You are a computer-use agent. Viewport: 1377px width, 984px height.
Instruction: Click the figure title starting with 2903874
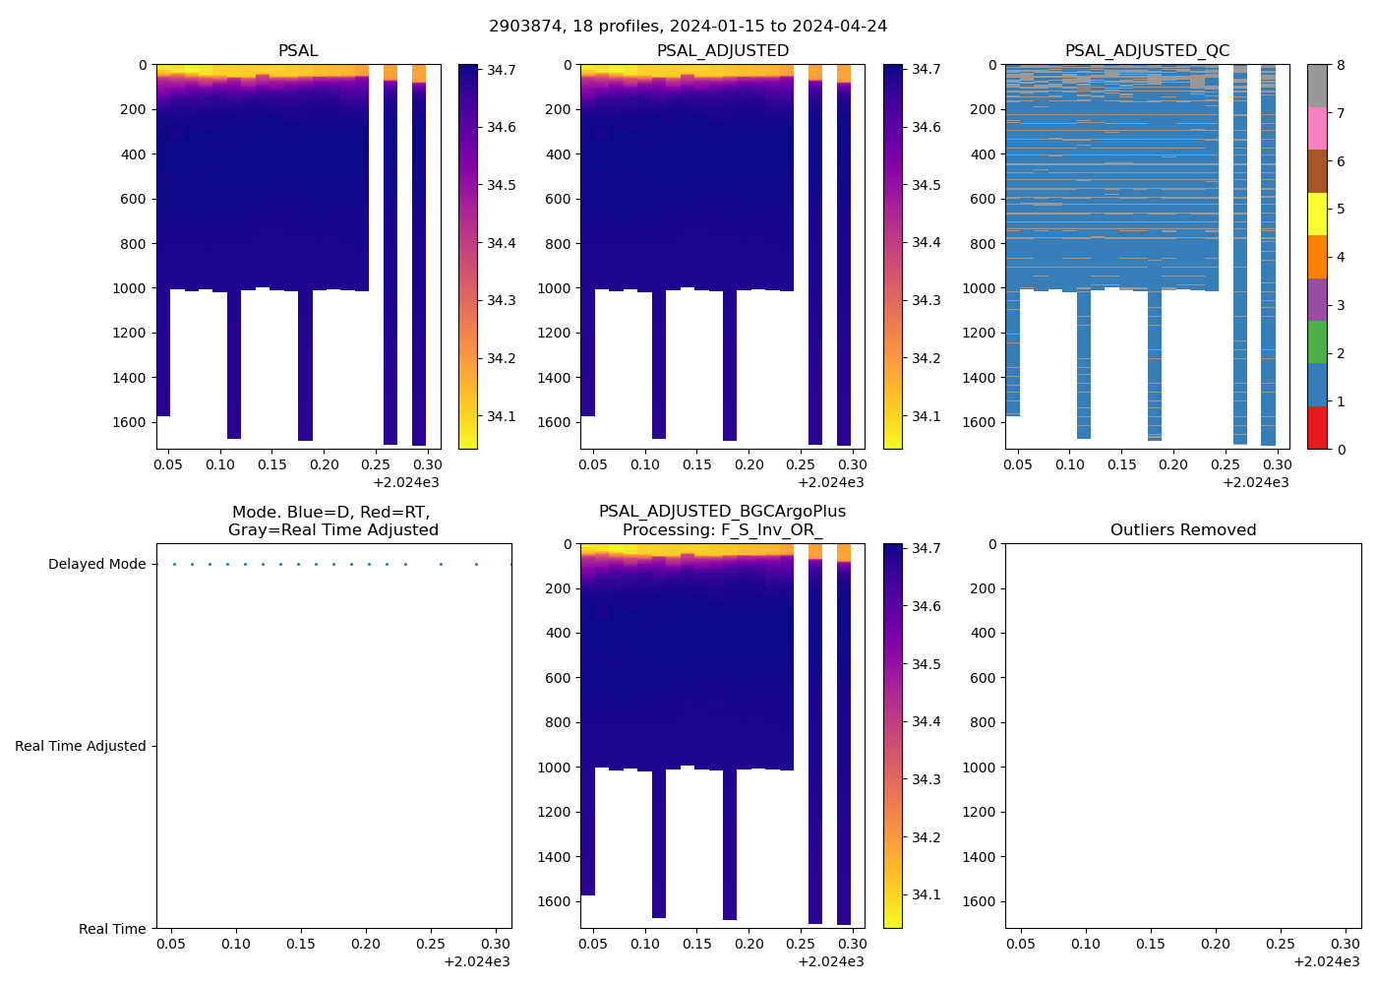click(x=688, y=26)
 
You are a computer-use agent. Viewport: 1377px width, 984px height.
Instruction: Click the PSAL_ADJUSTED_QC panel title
click(x=1147, y=50)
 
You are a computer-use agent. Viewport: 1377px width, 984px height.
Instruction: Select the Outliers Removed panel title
click(x=1182, y=529)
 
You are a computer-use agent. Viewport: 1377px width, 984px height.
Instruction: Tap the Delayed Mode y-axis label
click(x=96, y=564)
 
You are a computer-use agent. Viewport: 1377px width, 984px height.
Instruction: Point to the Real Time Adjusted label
click(x=80, y=746)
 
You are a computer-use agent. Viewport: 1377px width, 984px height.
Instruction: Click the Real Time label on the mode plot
click(x=112, y=929)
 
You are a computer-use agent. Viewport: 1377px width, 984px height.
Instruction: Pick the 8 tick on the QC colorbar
click(x=1341, y=65)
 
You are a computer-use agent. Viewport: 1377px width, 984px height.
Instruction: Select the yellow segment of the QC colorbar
click(x=1317, y=214)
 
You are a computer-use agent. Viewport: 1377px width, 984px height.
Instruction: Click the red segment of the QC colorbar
click(x=1317, y=428)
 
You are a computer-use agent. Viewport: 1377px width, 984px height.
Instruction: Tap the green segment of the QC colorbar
click(x=1317, y=342)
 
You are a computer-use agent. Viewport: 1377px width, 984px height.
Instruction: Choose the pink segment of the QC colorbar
click(x=1317, y=128)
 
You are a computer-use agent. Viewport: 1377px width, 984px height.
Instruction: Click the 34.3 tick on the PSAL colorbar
click(x=502, y=300)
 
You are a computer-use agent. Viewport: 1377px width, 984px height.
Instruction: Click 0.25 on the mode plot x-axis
click(x=431, y=944)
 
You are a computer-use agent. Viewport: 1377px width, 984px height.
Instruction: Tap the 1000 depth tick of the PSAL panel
click(x=131, y=288)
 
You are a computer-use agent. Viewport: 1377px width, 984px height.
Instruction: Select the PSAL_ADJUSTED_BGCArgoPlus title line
click(x=722, y=512)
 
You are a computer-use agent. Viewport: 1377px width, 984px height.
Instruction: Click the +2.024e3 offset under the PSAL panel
click(x=405, y=482)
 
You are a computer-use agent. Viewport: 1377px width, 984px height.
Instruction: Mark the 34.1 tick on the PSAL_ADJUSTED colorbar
click(x=926, y=416)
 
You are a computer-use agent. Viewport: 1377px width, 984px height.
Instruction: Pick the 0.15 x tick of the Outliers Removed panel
click(x=1151, y=944)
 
